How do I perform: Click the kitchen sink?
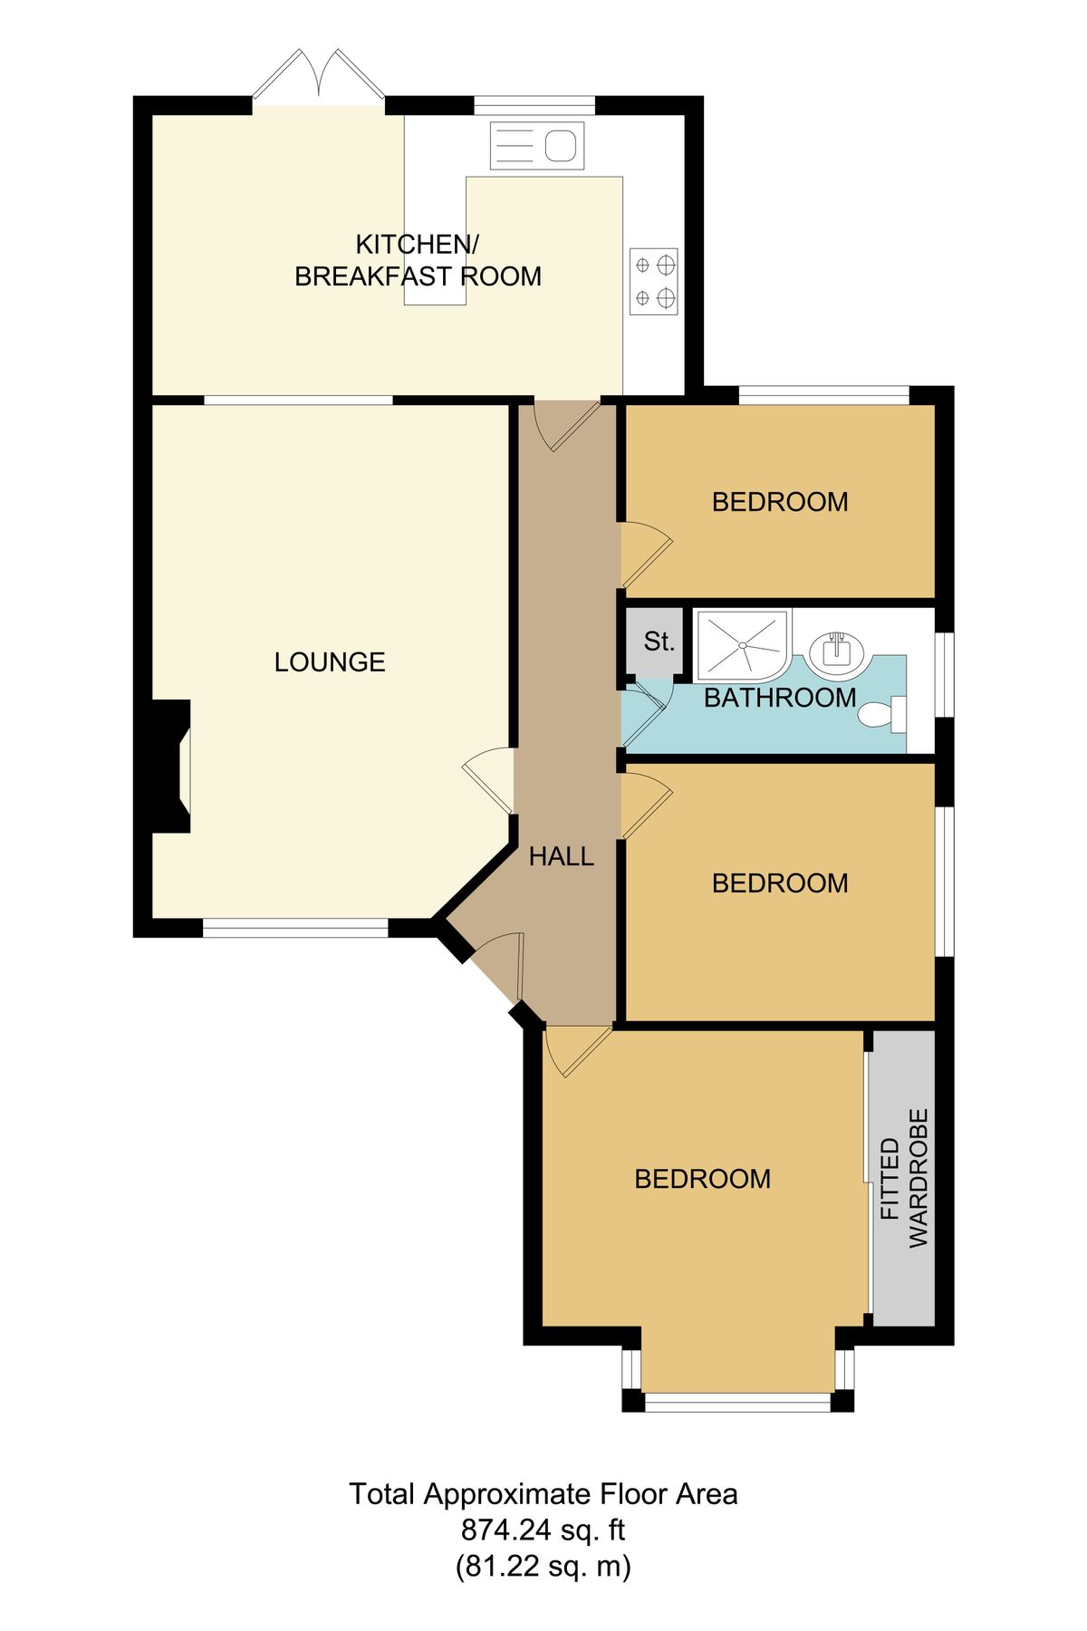(537, 146)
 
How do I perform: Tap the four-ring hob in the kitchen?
(654, 281)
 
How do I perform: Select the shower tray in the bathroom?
(741, 644)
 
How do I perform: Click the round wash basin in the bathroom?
(837, 651)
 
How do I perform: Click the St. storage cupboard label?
(659, 642)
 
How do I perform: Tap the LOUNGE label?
(330, 662)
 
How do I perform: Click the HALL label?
(562, 856)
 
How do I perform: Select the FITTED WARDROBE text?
(904, 1178)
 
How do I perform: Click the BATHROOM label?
(780, 698)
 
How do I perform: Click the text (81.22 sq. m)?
(543, 1567)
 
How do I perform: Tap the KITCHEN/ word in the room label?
(417, 245)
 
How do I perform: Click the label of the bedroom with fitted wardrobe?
(703, 1179)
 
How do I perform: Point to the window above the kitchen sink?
(534, 105)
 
